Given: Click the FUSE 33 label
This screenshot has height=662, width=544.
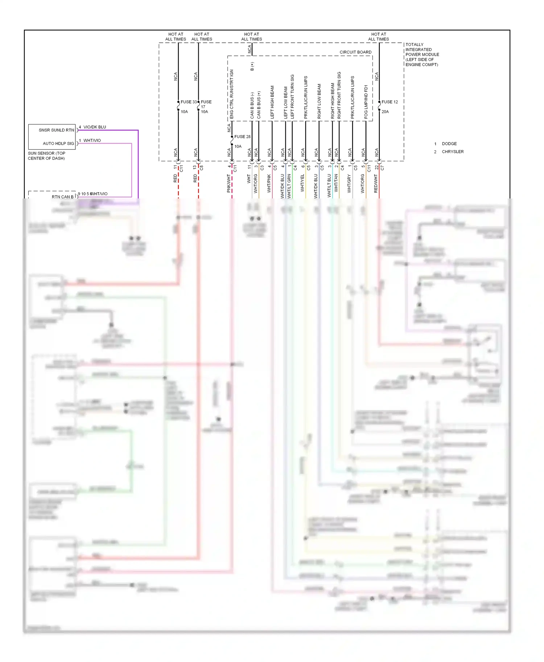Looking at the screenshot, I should (189, 102).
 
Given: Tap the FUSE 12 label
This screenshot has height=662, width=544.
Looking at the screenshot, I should (390, 102).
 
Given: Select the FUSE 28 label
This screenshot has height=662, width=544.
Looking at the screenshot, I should (242, 137).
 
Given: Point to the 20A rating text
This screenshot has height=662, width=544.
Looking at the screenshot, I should (385, 112).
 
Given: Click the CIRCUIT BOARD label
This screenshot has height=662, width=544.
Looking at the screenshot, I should (355, 52).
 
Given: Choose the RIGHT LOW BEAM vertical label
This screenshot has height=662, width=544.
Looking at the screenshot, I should (319, 101).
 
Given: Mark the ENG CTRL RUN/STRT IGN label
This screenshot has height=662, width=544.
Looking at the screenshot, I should (232, 94).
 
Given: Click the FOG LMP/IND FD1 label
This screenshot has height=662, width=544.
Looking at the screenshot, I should (366, 102).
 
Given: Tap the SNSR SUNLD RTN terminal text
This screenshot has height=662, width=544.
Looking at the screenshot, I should (56, 130).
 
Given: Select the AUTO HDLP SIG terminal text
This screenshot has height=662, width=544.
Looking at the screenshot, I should (58, 143).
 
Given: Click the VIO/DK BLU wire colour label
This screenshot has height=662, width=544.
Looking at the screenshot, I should (95, 127).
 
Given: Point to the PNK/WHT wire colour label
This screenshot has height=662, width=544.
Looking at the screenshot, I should (229, 183).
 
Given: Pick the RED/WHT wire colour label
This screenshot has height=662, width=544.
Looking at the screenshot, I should (376, 183).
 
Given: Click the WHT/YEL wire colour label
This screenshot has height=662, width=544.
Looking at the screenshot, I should (302, 183).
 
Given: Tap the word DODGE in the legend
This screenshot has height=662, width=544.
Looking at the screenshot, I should (449, 144).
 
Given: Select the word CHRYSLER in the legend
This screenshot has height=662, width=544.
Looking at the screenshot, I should (453, 152).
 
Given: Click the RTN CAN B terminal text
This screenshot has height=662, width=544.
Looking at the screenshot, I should (62, 197).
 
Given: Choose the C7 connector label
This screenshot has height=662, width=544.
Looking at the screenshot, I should (382, 168).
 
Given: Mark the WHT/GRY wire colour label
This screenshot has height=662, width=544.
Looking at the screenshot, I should (349, 183).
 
